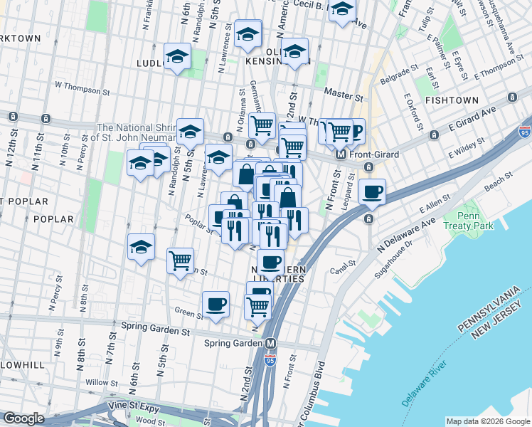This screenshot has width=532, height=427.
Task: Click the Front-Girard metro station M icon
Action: [x=341, y=154]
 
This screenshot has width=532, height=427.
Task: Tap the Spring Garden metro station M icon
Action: [x=271, y=343]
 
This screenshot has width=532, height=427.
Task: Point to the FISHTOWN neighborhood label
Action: [x=450, y=101]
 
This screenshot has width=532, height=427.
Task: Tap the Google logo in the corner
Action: [x=24, y=418]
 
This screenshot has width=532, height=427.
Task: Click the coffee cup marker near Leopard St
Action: [x=372, y=191]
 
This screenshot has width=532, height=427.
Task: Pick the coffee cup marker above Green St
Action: [x=216, y=304]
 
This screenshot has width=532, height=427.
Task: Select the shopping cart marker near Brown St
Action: [x=181, y=260]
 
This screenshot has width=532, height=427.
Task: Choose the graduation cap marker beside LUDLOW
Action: [x=177, y=57]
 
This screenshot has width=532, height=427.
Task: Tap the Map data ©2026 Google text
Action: [x=487, y=421]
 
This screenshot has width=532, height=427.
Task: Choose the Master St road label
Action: [x=339, y=93]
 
